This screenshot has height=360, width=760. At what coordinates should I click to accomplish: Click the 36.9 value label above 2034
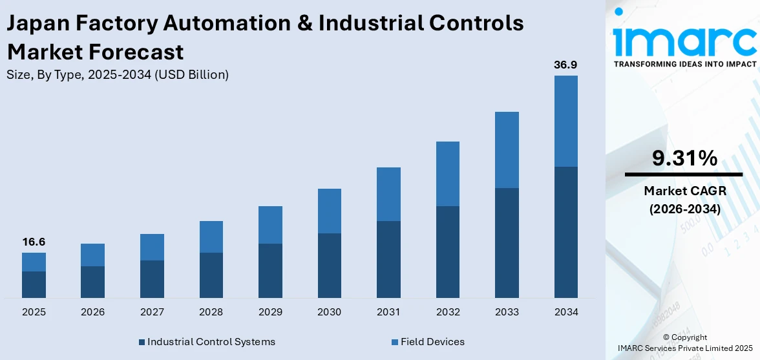pos(565,65)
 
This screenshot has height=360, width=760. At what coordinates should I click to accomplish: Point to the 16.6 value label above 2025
pos(34,242)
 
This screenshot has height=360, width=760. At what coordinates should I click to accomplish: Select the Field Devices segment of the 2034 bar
pos(565,121)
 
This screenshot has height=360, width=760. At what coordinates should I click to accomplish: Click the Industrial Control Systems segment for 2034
pos(565,232)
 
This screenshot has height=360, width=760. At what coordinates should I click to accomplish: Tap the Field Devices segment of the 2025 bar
pos(34,262)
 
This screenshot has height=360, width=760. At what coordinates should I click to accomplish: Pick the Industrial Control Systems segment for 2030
pos(329,265)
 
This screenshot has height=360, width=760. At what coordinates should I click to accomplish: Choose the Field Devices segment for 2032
pos(447,174)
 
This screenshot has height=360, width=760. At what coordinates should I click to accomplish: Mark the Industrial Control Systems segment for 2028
pos(211,275)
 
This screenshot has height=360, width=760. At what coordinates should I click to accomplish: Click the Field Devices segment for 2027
pos(152,247)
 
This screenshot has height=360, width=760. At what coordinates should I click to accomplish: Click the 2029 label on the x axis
pos(270,312)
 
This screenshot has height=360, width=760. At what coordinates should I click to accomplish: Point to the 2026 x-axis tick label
pos(93,312)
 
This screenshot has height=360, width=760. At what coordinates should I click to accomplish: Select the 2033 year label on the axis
pos(507,312)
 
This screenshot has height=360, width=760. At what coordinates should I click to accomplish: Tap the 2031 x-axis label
pos(388,312)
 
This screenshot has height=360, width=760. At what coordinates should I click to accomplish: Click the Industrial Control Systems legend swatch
pos(142,342)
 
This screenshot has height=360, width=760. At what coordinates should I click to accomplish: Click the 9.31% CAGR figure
pos(684,158)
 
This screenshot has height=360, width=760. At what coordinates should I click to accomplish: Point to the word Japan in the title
pos(37,23)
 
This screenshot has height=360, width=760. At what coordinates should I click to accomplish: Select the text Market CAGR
pos(684,191)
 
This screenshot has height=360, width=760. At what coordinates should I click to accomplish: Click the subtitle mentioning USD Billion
pos(118,75)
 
